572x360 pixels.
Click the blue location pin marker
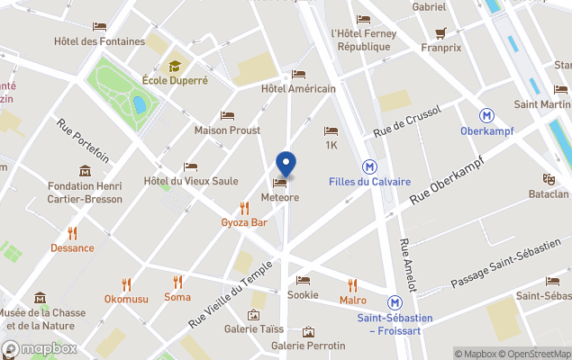[286, 164]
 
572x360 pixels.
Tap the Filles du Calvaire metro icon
[369, 166]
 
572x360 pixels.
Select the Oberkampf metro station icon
[486, 115]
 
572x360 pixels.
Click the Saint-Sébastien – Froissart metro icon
[395, 303]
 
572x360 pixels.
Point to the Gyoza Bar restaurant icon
[244, 208]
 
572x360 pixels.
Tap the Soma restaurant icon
[177, 282]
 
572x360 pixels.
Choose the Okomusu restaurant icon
[126, 284]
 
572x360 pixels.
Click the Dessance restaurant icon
[72, 233]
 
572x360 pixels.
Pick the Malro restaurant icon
[352, 284]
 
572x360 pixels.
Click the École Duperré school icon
[175, 66]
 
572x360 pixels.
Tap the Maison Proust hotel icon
[227, 116]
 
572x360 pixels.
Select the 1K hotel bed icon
[331, 130]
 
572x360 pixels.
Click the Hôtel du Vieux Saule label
[191, 181]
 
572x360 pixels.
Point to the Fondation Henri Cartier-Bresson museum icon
[85, 171]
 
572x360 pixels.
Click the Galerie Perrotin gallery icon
[309, 332]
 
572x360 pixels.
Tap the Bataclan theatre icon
[548, 179]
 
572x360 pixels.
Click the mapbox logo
[40, 348]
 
